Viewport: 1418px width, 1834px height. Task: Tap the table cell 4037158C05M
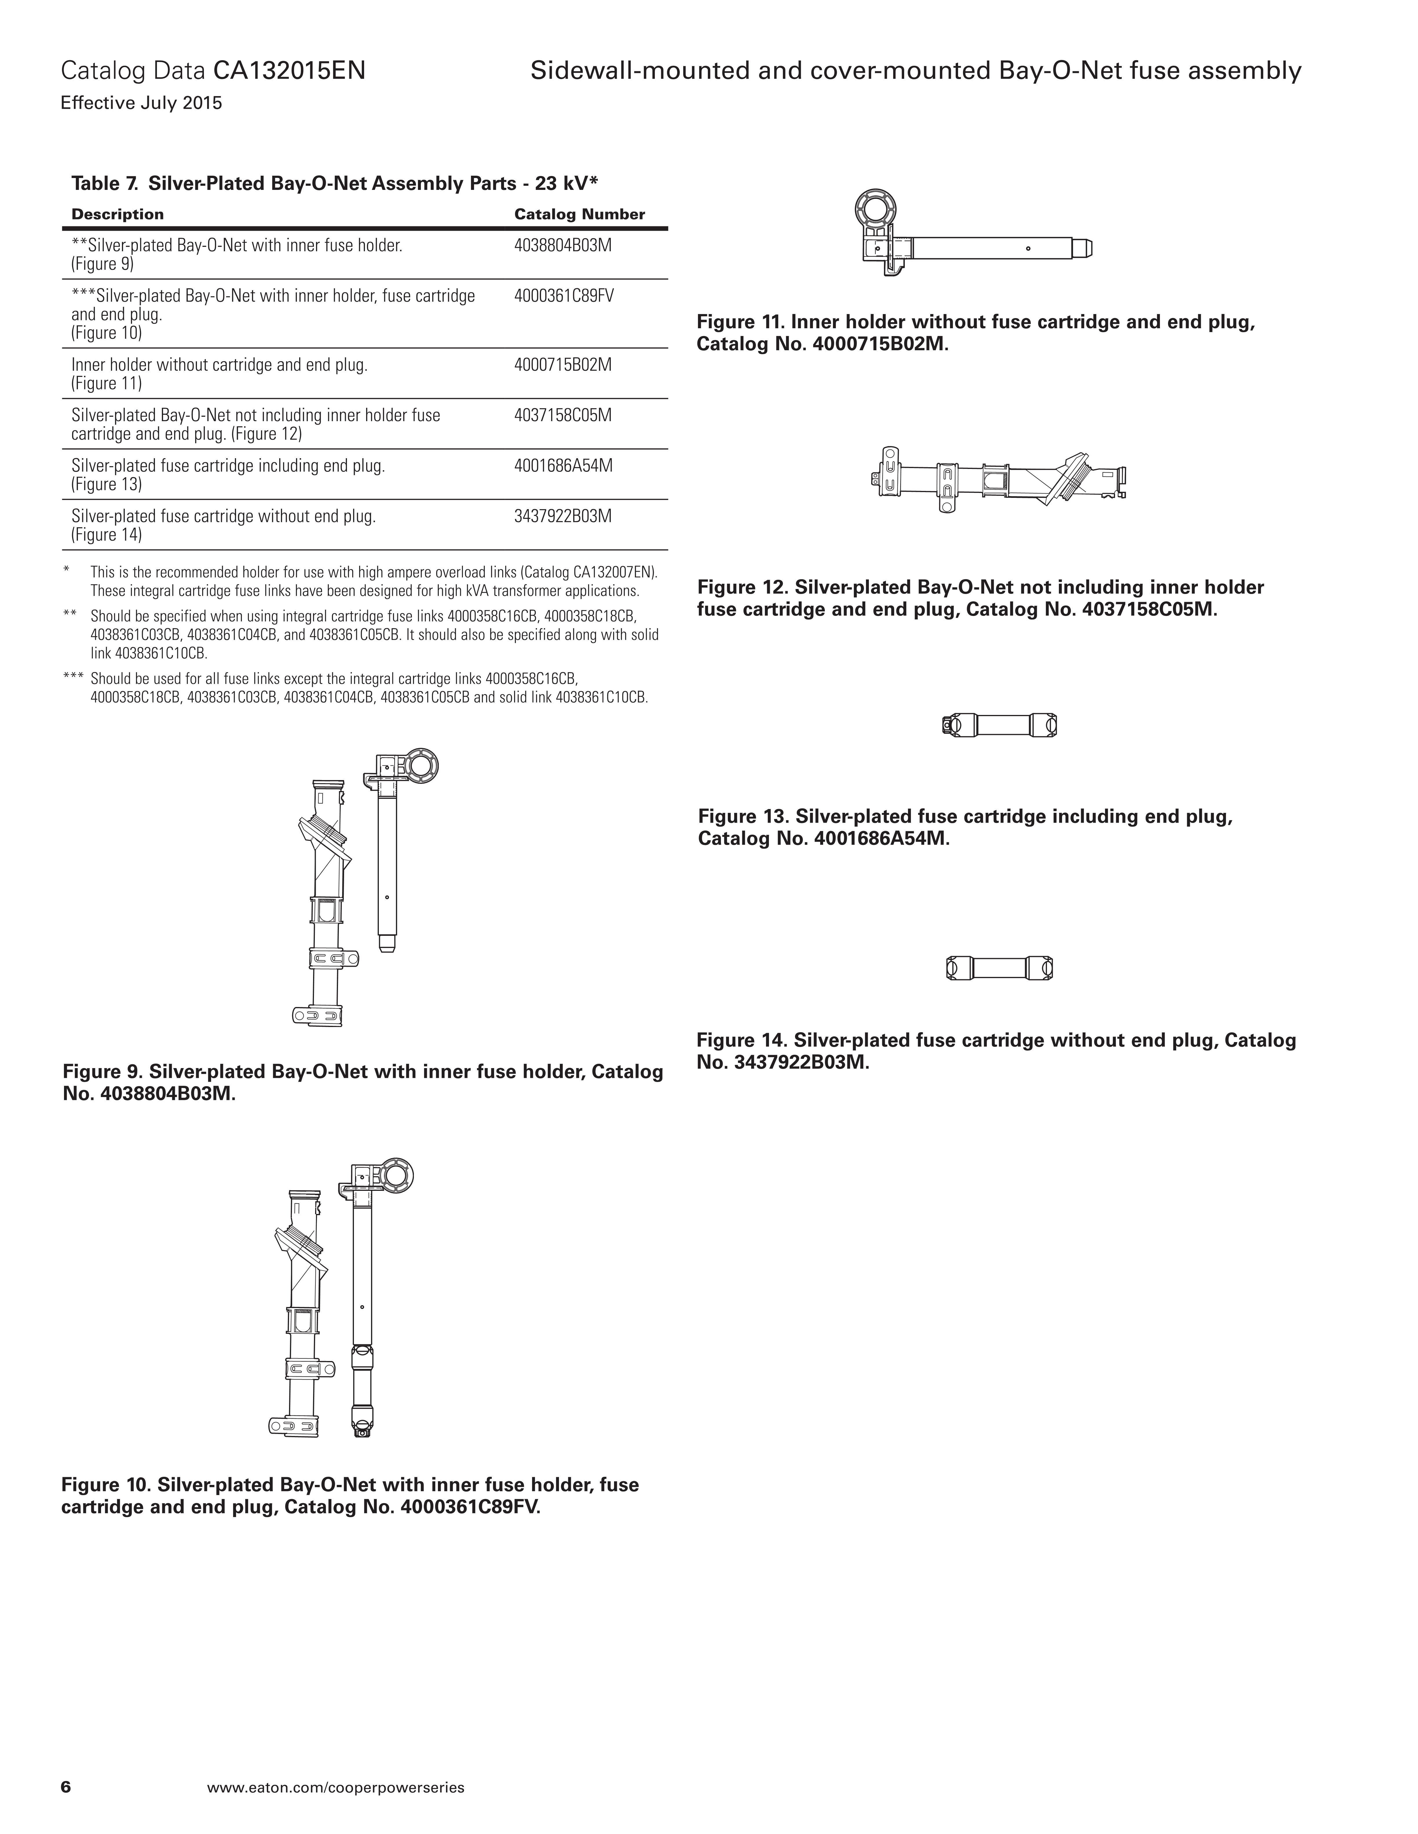pyautogui.click(x=563, y=415)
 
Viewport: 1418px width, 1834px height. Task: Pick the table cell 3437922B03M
pyautogui.click(x=563, y=516)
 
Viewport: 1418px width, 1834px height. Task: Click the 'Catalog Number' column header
pyautogui.click(x=580, y=214)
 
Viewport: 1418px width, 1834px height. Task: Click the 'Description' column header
pyautogui.click(x=118, y=214)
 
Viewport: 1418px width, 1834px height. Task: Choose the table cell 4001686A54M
pyautogui.click(x=563, y=465)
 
